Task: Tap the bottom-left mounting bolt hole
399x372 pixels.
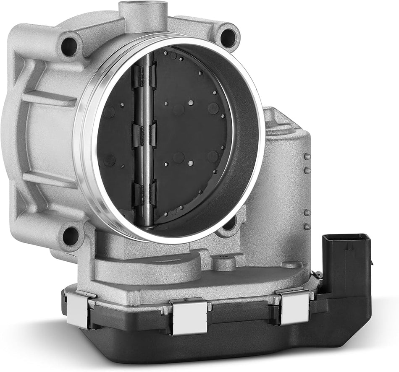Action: click(71, 236)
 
